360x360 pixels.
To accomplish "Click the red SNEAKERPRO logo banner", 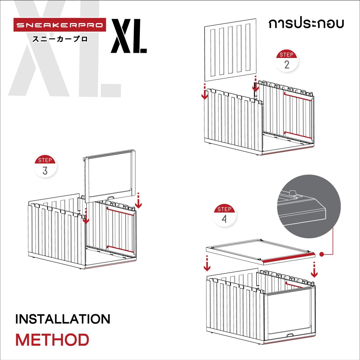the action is point(60,25).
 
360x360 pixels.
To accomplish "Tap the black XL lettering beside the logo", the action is point(129,36).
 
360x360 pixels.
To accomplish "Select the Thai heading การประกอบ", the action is point(306,24).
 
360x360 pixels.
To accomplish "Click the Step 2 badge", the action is point(287,60).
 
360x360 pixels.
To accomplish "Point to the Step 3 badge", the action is point(45,166).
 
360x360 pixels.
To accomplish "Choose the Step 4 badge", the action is point(224,215).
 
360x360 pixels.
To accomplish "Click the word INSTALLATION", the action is point(63,319).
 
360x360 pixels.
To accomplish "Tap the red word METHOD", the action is point(52,340).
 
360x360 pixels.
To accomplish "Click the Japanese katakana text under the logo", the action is point(60,39).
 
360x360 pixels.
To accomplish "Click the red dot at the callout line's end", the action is point(322,254).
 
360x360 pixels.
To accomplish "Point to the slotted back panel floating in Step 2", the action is point(230,50).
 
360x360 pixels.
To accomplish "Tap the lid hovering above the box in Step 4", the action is point(261,252).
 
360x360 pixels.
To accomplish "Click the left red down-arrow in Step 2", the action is point(205,92).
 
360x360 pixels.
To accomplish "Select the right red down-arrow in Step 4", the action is point(314,269).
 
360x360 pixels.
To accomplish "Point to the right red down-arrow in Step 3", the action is point(138,201).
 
